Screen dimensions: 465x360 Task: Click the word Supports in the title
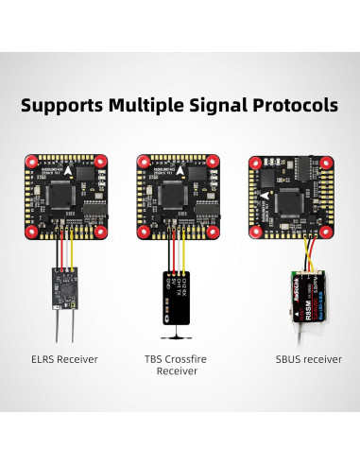[x=65, y=105]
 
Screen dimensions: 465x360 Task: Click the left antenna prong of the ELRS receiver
[x=59, y=326]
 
